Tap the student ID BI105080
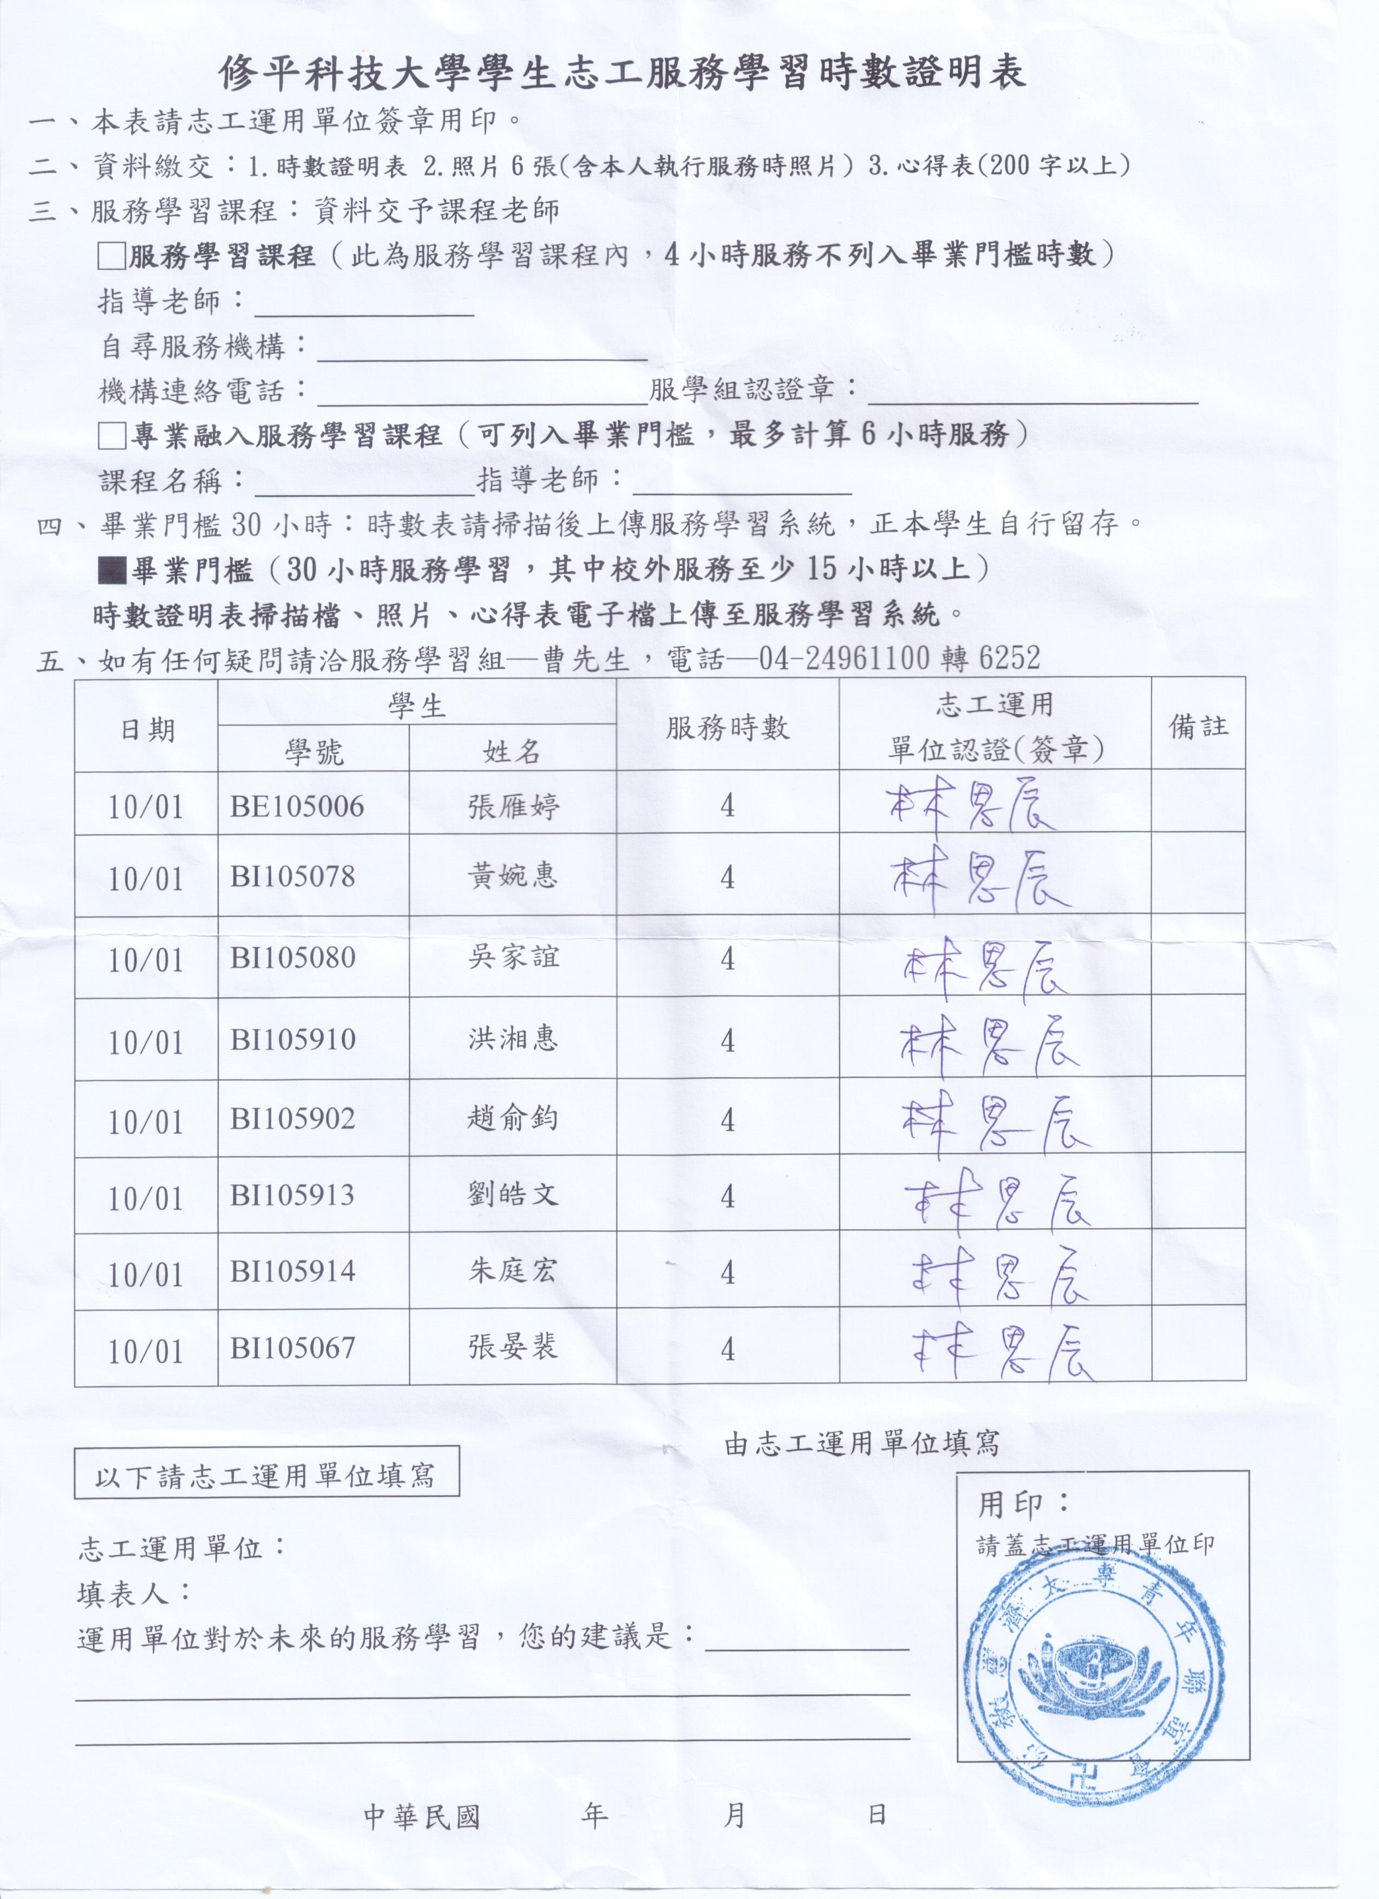(292, 957)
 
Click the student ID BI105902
(292, 1119)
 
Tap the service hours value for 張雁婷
(727, 806)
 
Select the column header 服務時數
(727, 728)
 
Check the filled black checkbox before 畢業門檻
(112, 571)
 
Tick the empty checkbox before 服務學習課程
(112, 256)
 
